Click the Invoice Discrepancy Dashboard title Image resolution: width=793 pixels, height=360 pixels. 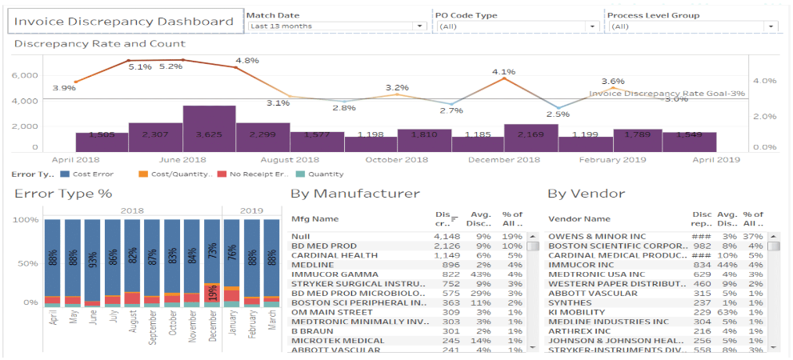(125, 22)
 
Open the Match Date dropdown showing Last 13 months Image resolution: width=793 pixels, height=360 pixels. (336, 26)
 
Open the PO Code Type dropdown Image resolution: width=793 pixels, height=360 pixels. (517, 26)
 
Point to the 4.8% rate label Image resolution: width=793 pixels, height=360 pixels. (247, 61)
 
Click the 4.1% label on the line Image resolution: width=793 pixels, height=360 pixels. (503, 72)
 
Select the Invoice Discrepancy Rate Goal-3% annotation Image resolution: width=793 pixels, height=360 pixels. (667, 94)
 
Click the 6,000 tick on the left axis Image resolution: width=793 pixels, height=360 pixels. (25, 75)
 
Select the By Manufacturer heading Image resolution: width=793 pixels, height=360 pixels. (354, 194)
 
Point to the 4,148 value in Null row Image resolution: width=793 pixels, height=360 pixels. (447, 236)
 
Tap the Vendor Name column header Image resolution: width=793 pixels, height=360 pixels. (579, 218)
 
